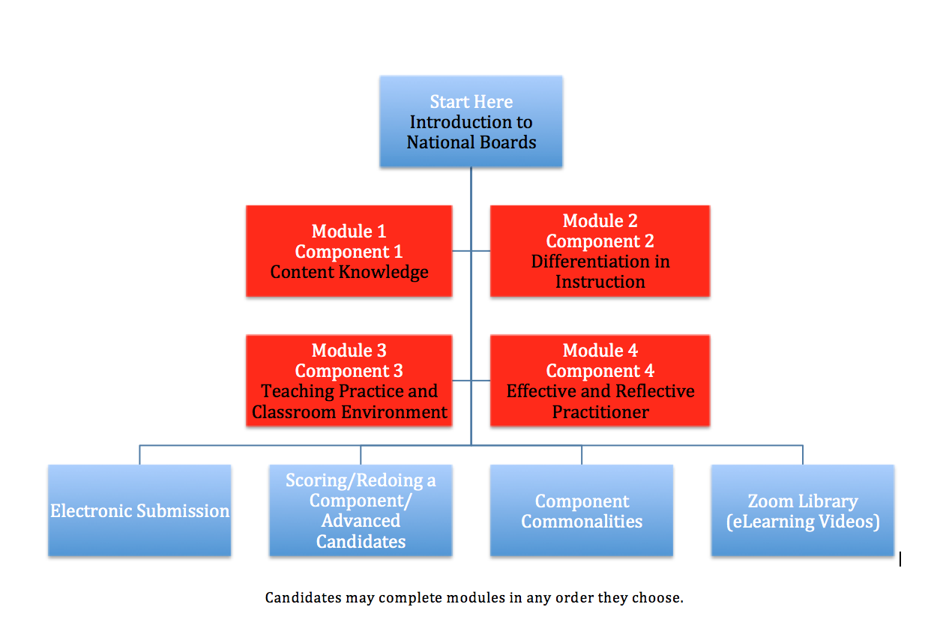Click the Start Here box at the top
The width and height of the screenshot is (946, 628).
point(471,121)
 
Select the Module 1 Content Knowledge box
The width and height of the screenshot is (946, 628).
point(349,251)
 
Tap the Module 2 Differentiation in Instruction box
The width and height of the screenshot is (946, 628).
point(600,251)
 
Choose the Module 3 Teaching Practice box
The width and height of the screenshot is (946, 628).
point(349,381)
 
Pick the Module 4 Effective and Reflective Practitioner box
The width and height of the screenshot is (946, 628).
point(600,381)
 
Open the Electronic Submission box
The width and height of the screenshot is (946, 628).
point(139,510)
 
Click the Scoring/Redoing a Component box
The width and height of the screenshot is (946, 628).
point(361,510)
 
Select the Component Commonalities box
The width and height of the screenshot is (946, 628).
point(582,510)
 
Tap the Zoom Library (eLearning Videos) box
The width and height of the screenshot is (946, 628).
point(803,510)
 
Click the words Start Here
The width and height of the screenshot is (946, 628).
point(472,102)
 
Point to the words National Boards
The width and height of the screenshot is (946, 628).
point(472,142)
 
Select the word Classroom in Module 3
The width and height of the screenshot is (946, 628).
point(295,411)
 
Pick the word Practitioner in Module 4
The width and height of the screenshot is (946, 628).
point(600,411)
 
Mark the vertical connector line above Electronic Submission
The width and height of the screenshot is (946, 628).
point(139,455)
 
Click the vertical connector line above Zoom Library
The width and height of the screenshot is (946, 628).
point(803,455)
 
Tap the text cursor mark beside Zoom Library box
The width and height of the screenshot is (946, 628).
point(900,559)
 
